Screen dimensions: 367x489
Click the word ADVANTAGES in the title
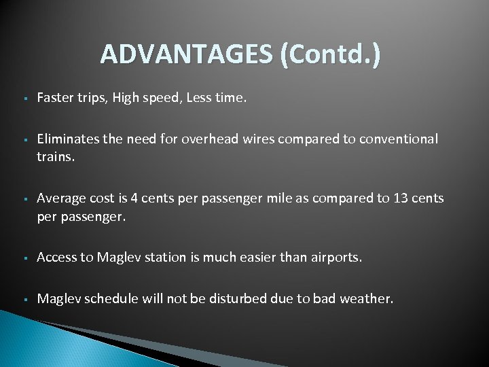click(x=184, y=54)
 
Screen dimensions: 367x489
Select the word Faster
click(x=55, y=99)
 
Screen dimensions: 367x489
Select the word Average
click(x=60, y=198)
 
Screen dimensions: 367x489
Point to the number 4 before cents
click(x=134, y=198)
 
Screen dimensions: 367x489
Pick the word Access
click(x=56, y=257)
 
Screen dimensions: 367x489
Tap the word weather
click(x=366, y=298)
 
